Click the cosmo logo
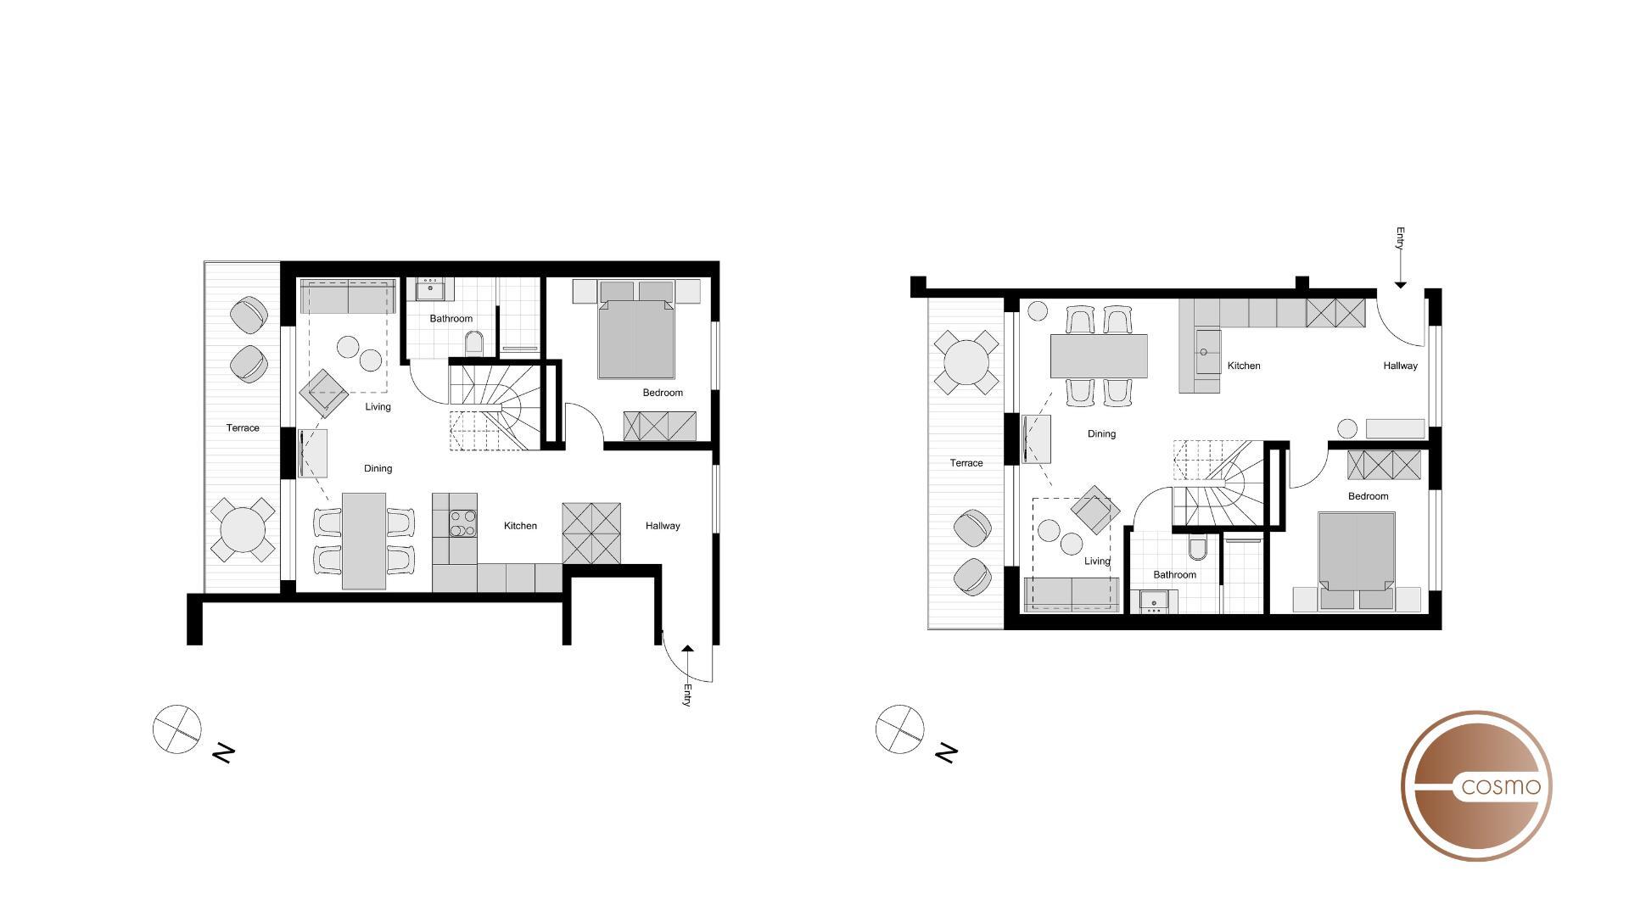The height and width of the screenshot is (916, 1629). [x=1476, y=785]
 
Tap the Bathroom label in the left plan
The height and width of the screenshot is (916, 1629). [x=451, y=319]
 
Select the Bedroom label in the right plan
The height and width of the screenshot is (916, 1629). [x=1368, y=496]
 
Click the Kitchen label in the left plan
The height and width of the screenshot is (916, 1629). [x=520, y=526]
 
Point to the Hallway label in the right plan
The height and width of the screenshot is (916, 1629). [x=1400, y=366]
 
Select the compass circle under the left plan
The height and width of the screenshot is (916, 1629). [x=177, y=729]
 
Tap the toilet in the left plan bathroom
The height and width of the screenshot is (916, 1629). [x=474, y=343]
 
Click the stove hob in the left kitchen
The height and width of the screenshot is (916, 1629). [x=462, y=522]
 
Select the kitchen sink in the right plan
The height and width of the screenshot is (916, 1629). [x=1204, y=351]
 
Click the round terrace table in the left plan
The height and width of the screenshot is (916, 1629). [x=243, y=530]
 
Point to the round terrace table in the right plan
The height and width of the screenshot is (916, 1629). [x=966, y=362]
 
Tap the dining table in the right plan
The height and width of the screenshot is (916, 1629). [x=1099, y=356]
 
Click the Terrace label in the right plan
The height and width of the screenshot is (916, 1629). [x=966, y=463]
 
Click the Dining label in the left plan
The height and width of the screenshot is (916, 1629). [x=378, y=468]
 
